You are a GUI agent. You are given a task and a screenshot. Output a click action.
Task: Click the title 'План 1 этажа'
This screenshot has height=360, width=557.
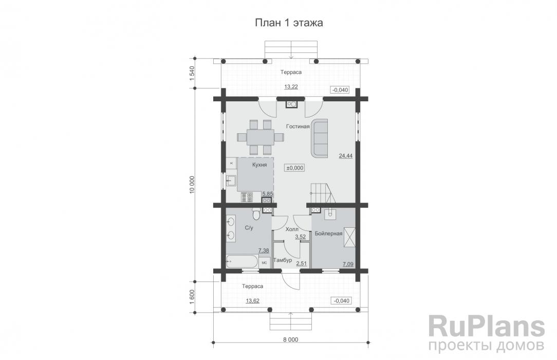click(x=289, y=23)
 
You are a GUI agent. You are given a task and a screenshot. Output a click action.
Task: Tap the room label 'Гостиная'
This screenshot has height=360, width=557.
click(x=298, y=127)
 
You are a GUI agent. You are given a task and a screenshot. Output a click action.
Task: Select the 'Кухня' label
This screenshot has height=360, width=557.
click(x=259, y=165)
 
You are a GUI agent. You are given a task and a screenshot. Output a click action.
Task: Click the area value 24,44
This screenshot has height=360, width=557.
click(x=346, y=156)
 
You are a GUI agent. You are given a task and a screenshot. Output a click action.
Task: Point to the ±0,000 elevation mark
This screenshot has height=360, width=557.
click(x=295, y=168)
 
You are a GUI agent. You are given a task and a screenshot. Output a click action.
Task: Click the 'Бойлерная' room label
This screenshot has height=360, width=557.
click(x=328, y=233)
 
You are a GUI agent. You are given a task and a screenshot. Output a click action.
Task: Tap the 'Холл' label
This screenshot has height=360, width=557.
click(x=292, y=229)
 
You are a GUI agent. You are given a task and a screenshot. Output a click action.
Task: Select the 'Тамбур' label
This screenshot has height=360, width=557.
click(x=283, y=260)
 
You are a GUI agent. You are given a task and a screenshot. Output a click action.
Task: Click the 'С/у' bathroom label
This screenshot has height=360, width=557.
click(x=249, y=228)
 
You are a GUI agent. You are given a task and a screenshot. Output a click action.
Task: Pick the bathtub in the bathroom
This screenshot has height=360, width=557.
click(x=243, y=261)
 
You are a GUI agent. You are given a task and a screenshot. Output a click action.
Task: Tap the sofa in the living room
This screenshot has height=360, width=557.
click(x=320, y=138)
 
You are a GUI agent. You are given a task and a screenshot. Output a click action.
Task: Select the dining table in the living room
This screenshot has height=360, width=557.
click(x=261, y=137)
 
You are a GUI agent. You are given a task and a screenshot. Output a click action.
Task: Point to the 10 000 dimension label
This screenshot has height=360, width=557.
click(x=192, y=185)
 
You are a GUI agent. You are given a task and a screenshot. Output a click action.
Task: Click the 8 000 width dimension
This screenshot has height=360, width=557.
click(x=291, y=340)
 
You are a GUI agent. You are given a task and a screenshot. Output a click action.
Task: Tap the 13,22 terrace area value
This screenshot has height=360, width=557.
click(x=291, y=87)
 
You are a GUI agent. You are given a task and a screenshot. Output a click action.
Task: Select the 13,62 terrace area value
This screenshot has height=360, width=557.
click(x=253, y=301)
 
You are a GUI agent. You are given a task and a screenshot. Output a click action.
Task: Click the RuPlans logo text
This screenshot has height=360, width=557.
click(x=487, y=327)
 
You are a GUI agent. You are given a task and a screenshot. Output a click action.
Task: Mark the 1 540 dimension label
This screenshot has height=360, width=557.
click(x=192, y=73)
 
